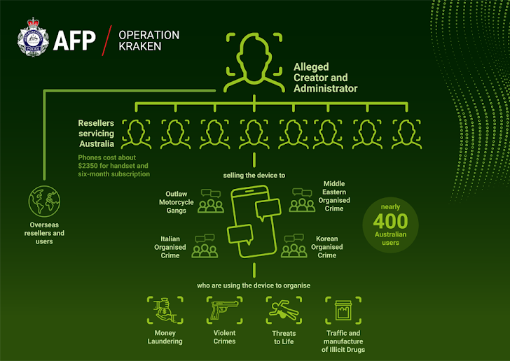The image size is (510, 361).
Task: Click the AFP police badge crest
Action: (x=33, y=37)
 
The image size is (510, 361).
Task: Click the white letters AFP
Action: (x=74, y=41)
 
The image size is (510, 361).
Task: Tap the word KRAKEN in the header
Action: (x=140, y=46)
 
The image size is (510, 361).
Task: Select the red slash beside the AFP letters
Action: (x=106, y=41)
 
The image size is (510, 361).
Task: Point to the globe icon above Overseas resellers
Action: (x=44, y=201)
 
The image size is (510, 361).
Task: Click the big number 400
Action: (x=390, y=221)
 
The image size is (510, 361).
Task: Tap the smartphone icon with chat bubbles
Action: (x=254, y=222)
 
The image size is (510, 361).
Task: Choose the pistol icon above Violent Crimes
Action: (x=224, y=310)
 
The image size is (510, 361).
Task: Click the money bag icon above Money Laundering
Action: (x=165, y=310)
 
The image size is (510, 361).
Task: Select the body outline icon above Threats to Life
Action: (x=284, y=310)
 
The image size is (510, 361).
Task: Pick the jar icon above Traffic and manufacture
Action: (x=343, y=310)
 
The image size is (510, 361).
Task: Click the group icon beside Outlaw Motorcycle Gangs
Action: (x=211, y=201)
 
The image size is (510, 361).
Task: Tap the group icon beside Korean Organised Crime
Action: (x=294, y=246)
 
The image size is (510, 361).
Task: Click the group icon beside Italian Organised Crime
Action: (x=205, y=246)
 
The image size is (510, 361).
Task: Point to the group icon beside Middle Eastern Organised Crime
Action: (x=302, y=200)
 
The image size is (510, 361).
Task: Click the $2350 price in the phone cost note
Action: (x=88, y=166)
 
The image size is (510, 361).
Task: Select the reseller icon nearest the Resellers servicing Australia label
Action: (x=137, y=134)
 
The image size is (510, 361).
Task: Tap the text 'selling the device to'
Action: (x=254, y=176)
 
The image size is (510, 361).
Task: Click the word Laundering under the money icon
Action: (x=165, y=341)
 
